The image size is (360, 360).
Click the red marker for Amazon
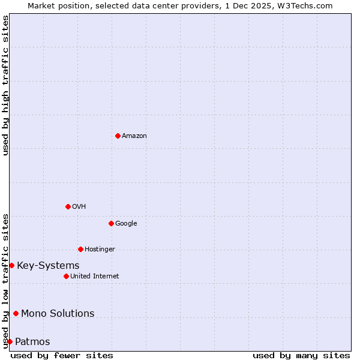click(118, 136)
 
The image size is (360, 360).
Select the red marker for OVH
click(68, 206)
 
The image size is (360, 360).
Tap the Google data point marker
click(111, 223)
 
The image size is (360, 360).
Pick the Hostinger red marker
click(80, 249)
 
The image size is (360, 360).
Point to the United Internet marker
click(66, 276)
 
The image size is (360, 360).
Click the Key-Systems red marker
click(11, 265)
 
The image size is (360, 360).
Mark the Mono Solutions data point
click(16, 313)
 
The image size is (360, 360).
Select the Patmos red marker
click(10, 341)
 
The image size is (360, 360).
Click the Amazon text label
click(134, 136)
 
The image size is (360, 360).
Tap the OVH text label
click(79, 207)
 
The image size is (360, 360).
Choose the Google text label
click(126, 224)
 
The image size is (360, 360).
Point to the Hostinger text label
click(100, 250)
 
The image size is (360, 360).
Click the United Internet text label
click(95, 277)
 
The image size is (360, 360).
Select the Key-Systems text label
click(48, 266)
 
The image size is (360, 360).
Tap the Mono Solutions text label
click(58, 314)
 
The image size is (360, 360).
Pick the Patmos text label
click(32, 342)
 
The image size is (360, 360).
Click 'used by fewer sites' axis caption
click(62, 355)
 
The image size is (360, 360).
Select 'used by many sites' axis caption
click(301, 355)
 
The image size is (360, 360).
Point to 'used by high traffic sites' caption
click(5, 85)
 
